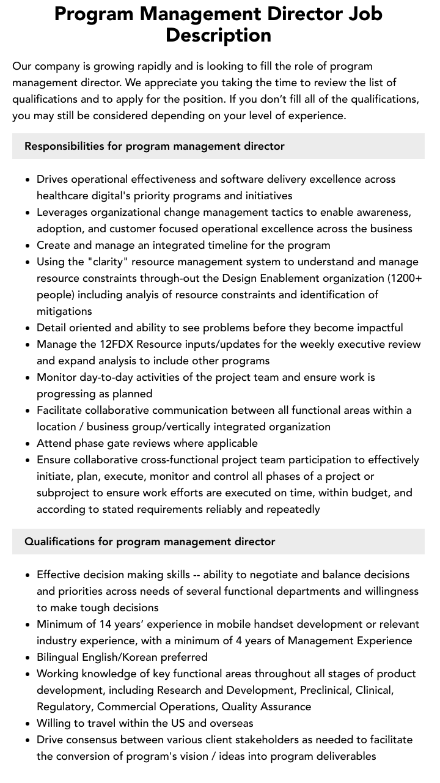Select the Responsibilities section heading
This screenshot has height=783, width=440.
point(155,146)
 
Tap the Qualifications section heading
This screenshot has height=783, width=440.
point(150,542)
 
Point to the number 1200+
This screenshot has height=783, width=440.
point(407,278)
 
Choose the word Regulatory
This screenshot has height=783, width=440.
point(64,707)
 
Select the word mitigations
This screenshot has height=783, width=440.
point(64,311)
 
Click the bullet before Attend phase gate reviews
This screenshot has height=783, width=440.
point(28,444)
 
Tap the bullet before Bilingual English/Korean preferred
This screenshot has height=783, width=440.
point(28,658)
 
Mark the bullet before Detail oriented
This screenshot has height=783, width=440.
point(28,328)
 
